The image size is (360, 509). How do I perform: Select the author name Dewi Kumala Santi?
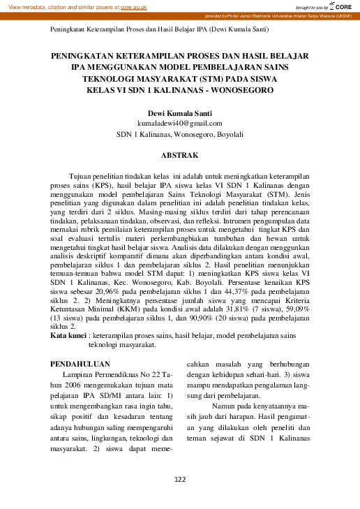(179, 113)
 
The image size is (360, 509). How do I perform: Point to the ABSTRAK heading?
(179, 154)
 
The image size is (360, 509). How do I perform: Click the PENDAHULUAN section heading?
(82, 364)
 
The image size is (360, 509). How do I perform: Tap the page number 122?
(179, 479)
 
